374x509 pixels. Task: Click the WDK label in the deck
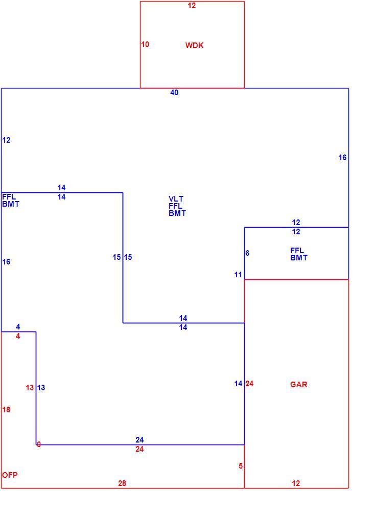coord(194,45)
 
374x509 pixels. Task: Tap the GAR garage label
coord(298,384)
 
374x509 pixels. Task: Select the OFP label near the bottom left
coord(10,475)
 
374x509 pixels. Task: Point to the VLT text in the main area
coord(176,198)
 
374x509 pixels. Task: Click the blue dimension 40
coord(174,93)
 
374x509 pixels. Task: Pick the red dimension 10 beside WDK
coord(145,44)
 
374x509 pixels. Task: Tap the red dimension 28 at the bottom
coord(122,483)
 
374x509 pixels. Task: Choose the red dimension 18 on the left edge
coord(6,410)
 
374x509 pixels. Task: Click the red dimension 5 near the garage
coord(241,466)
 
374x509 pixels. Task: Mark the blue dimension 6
coord(247,253)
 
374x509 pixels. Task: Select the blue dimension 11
coord(238,275)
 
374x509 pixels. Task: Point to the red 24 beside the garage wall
coord(249,384)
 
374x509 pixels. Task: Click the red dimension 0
coord(38,445)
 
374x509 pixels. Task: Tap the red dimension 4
coord(18,336)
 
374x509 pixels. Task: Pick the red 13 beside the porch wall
coord(30,388)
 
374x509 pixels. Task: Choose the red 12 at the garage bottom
coord(296,483)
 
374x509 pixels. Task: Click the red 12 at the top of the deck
coord(192,6)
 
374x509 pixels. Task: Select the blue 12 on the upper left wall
coord(7,140)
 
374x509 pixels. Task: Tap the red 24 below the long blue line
coord(139,449)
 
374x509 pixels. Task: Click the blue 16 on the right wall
coord(342,158)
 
